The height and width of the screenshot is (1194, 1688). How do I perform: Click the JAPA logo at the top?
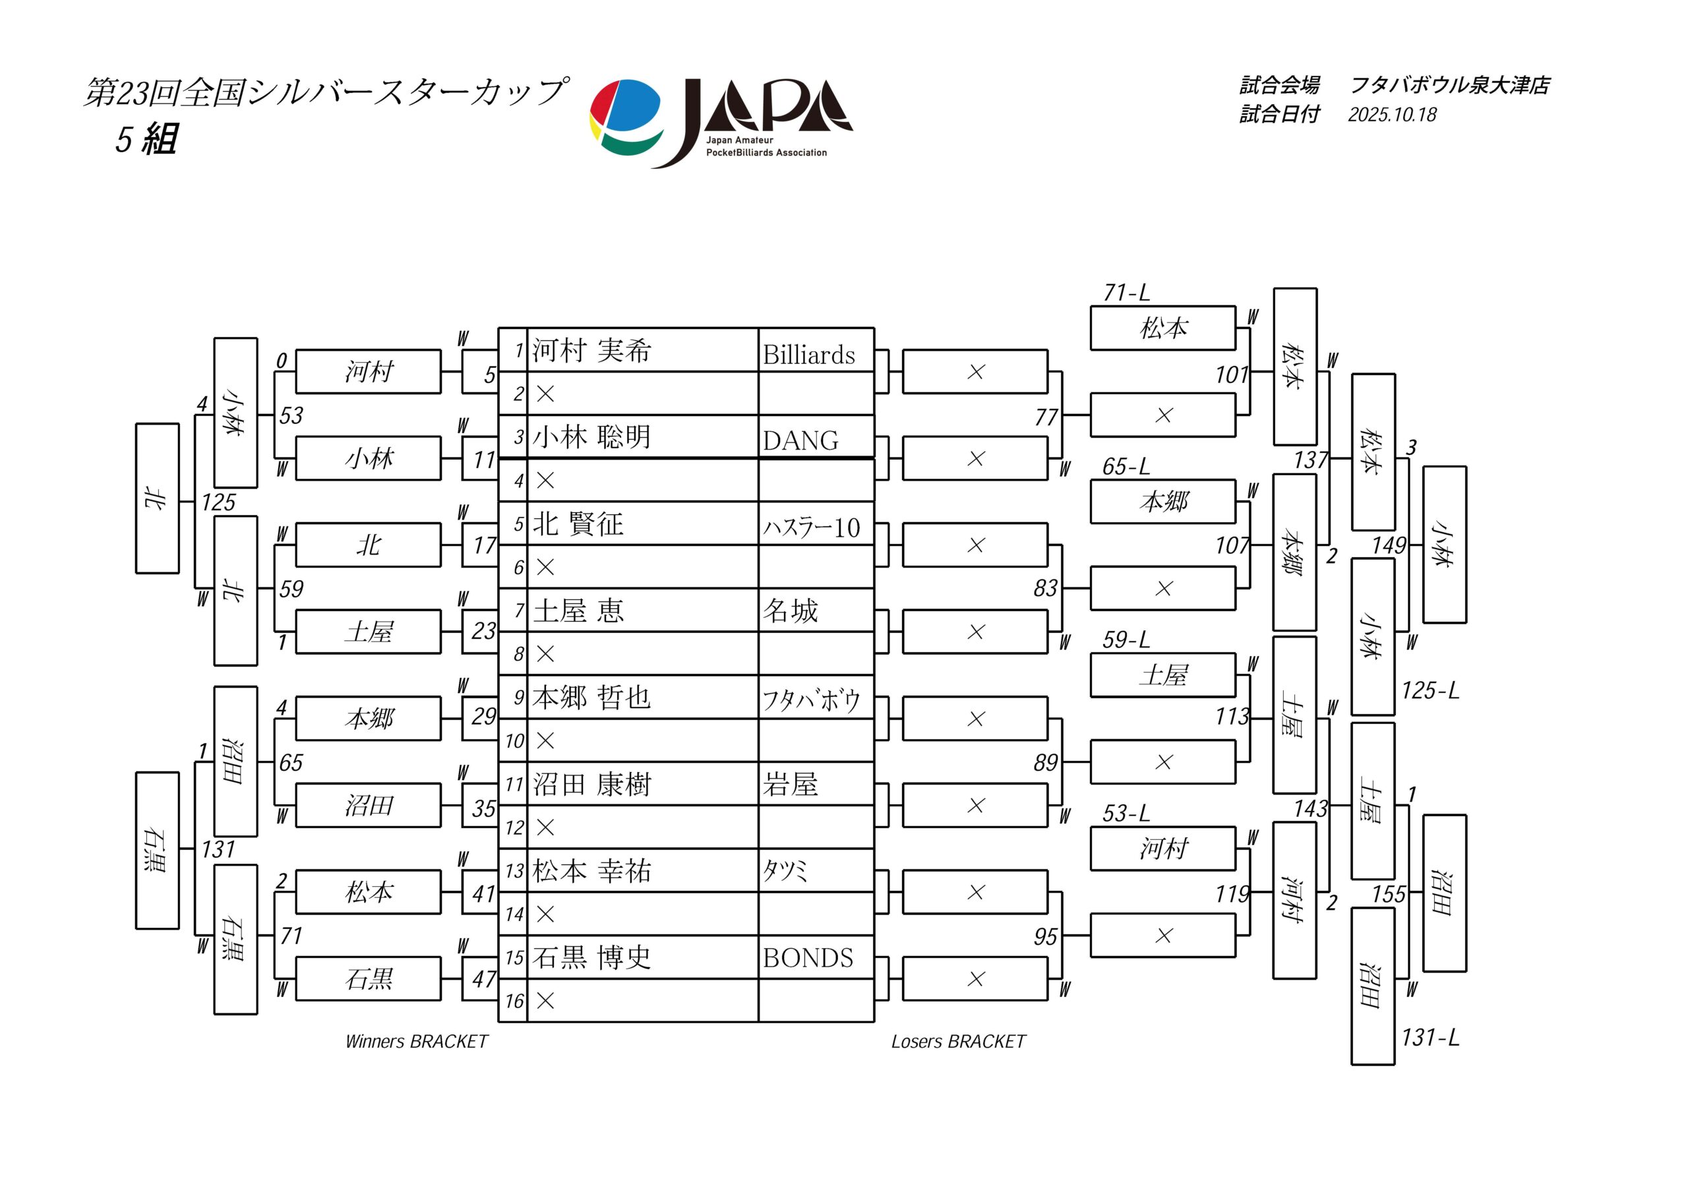coord(721,123)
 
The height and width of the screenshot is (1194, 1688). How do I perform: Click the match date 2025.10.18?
coord(1392,115)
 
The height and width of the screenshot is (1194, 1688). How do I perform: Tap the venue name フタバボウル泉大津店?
coord(1450,85)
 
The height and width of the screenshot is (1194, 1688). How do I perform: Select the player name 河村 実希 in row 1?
coord(592,350)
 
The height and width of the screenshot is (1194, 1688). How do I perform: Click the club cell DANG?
coord(800,440)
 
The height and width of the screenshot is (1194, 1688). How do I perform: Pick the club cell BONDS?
coord(808,957)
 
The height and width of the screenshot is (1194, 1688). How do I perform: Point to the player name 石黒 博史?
coord(592,957)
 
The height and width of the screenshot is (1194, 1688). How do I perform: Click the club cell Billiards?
coord(808,355)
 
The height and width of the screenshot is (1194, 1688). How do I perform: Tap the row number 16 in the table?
coord(514,1001)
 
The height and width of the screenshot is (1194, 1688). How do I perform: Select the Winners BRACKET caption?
coord(417,1041)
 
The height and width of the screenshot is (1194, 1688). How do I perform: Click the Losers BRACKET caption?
coord(958,1041)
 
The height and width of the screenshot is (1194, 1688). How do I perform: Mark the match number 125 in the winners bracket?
coord(218,502)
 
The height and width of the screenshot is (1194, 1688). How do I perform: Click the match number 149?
coord(1389,545)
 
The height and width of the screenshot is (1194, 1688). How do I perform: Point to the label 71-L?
coord(1126,293)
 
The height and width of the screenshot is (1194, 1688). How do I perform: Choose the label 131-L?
coord(1430,1037)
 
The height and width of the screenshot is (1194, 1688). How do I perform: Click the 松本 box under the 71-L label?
coord(1162,328)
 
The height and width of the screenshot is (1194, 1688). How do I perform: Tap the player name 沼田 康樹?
coord(592,784)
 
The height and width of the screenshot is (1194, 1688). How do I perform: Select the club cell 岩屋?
coord(791,784)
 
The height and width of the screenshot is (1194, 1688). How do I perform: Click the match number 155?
coord(1389,894)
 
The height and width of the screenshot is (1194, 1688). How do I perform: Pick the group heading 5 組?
coord(146,138)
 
